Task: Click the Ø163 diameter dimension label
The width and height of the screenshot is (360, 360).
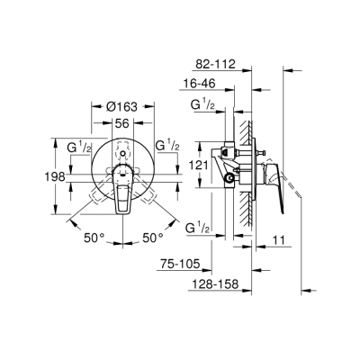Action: coord(121,104)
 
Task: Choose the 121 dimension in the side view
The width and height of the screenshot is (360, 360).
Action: coord(199,166)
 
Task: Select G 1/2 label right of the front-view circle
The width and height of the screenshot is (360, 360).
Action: coord(168,145)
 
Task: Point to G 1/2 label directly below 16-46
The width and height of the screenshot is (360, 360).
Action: coord(202,107)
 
